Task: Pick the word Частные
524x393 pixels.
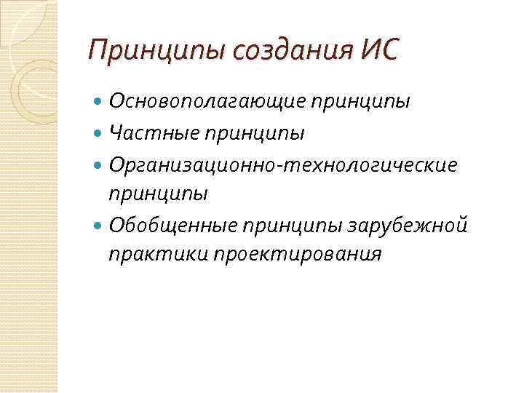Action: [x=151, y=133]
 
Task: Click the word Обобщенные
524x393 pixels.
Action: [x=172, y=225]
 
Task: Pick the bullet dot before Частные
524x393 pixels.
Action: [x=99, y=134]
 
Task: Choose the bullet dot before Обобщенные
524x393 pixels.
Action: [x=99, y=226]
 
